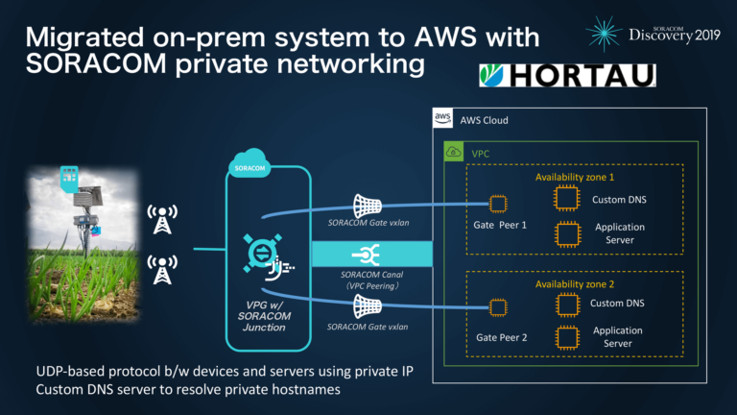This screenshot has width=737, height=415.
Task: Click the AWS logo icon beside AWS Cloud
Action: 442,120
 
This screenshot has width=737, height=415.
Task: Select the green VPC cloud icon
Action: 453,152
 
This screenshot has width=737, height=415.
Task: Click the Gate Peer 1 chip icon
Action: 497,204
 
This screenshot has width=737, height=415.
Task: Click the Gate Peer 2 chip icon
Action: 497,307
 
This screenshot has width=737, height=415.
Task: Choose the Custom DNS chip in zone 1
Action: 566,198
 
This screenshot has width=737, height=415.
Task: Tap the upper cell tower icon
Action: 160,218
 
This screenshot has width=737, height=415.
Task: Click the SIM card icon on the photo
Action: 69,178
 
